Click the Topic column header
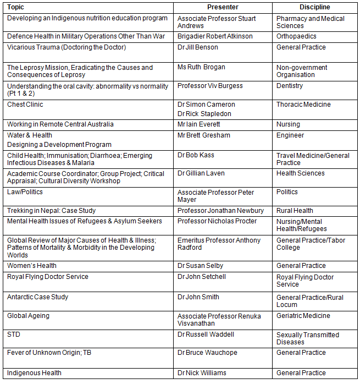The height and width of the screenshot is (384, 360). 16,7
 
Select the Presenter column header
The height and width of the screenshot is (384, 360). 223,7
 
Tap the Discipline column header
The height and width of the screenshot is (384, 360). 315,7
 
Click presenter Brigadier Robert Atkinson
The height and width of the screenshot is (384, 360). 215,36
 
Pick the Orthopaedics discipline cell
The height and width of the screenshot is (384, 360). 297,36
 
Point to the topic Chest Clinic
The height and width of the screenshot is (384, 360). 25,105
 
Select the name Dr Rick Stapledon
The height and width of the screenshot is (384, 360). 204,114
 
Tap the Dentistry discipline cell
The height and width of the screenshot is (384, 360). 290,86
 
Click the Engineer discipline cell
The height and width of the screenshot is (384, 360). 290,135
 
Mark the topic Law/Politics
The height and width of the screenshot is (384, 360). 25,192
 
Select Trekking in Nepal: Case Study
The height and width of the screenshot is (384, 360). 51,211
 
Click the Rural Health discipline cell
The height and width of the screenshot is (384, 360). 295,211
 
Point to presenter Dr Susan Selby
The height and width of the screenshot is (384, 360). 200,266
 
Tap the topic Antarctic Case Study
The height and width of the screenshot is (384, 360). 37,297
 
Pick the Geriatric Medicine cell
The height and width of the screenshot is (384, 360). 303,316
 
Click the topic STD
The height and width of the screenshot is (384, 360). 14,334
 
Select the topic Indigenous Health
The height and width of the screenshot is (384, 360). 34,373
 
